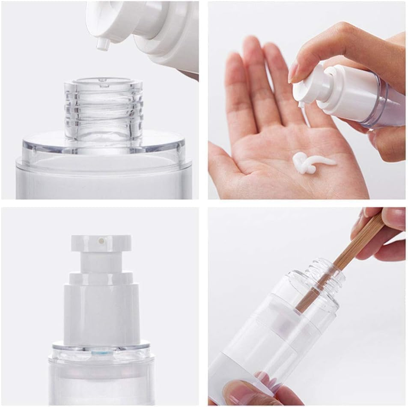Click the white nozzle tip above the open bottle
(x=102, y=44)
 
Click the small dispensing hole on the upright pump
(x=101, y=241)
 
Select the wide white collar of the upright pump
(x=101, y=311)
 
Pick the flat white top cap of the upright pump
(x=101, y=243)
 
